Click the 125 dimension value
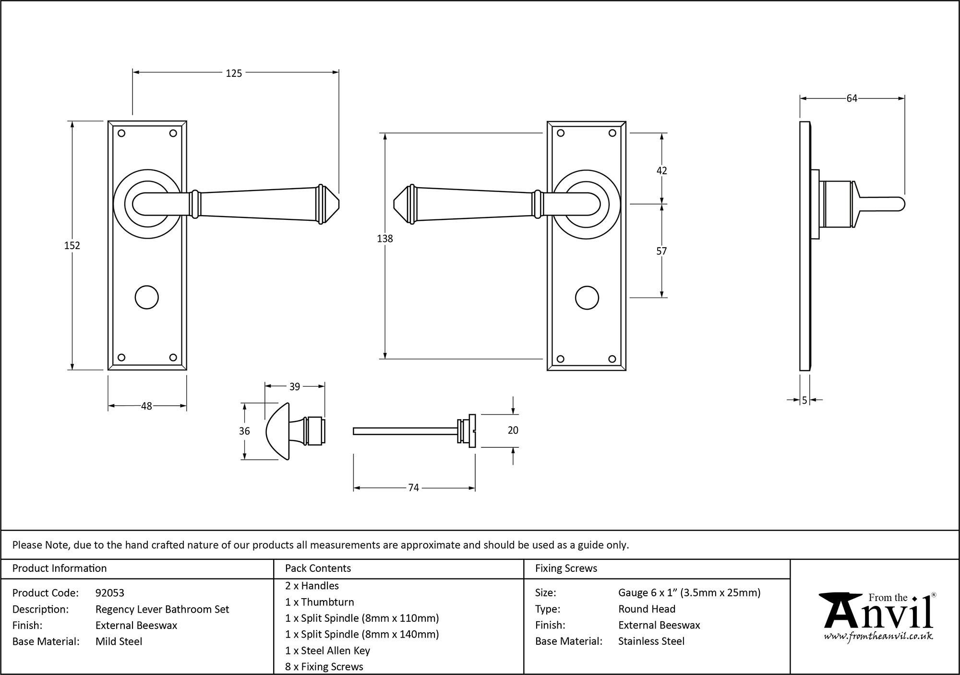click(234, 73)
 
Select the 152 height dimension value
click(72, 245)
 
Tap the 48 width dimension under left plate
click(146, 406)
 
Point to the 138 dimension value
click(385, 239)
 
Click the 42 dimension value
click(661, 171)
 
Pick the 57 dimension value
click(661, 251)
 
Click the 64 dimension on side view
click(852, 98)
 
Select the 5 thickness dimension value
click(804, 400)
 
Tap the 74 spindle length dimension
click(413, 488)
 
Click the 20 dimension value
click(513, 430)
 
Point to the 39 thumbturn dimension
click(295, 386)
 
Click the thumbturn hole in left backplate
click(147, 298)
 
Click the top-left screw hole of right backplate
click(560, 133)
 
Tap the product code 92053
click(110, 593)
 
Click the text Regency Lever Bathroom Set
click(162, 609)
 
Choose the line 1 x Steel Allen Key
click(327, 651)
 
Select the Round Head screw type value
click(647, 609)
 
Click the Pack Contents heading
click(318, 568)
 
